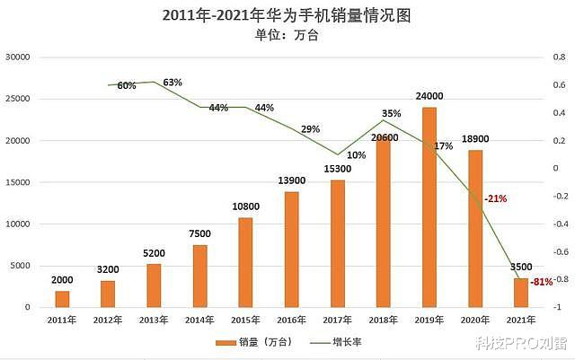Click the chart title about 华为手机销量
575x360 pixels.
(x=287, y=15)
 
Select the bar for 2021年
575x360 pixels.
(x=521, y=293)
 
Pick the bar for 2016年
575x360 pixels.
(x=291, y=250)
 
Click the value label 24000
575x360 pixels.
(x=429, y=96)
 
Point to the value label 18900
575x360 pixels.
(x=475, y=139)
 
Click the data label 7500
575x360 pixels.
(x=199, y=233)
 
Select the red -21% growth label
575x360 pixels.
(x=496, y=198)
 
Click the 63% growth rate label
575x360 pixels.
(x=172, y=83)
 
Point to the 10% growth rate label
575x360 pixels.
(x=356, y=155)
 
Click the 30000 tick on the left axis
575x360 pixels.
(x=18, y=57)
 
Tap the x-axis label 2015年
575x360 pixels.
(x=245, y=320)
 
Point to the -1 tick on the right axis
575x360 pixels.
(x=558, y=308)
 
